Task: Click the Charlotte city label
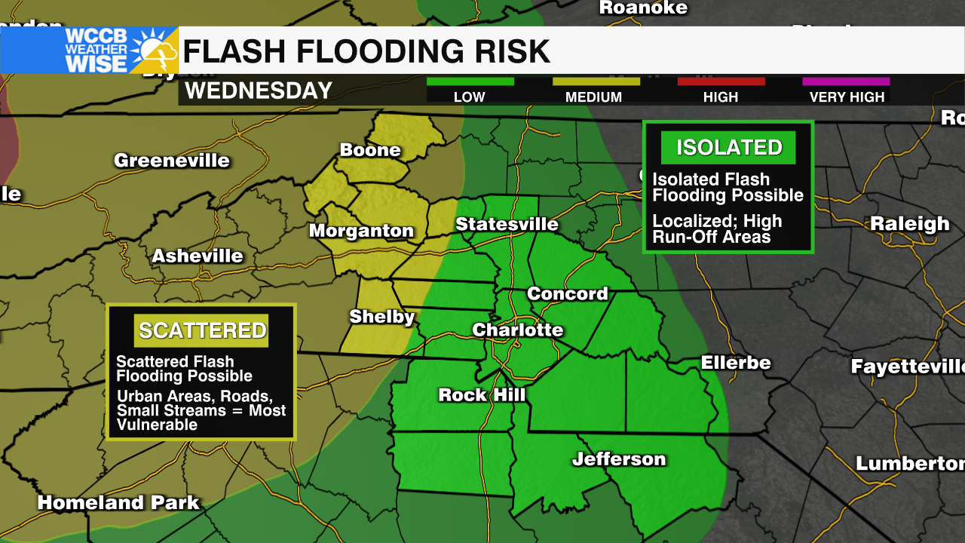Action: click(x=518, y=330)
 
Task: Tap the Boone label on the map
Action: click(x=369, y=150)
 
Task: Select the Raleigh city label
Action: click(x=909, y=224)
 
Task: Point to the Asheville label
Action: click(x=198, y=256)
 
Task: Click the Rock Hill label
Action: click(x=482, y=394)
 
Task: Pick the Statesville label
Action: click(x=507, y=225)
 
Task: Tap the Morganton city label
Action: click(x=362, y=232)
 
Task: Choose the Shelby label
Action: click(x=382, y=317)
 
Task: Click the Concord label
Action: click(x=567, y=294)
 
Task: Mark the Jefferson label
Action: click(x=619, y=459)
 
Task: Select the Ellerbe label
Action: click(x=736, y=363)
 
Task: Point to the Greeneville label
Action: click(x=172, y=161)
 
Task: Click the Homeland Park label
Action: click(x=118, y=503)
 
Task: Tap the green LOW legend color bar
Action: click(x=470, y=81)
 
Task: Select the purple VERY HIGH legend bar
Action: click(x=846, y=81)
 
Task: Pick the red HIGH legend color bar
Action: click(x=721, y=81)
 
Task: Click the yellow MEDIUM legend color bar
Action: click(x=596, y=81)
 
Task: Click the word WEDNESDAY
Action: click(x=259, y=91)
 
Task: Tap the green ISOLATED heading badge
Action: click(x=728, y=148)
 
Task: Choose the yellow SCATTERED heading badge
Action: click(x=202, y=330)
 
